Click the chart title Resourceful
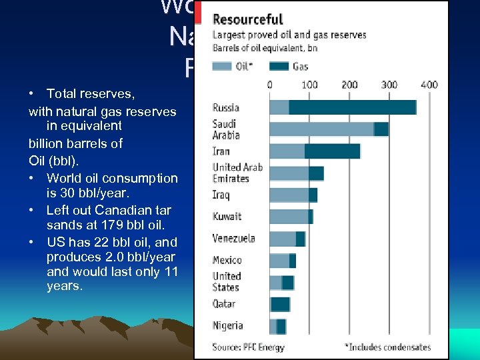click(247, 19)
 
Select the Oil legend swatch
click(221, 66)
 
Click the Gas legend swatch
click(279, 66)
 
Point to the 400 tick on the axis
click(429, 85)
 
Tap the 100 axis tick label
click(309, 85)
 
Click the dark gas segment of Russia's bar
click(352, 107)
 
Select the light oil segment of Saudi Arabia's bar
click(321, 129)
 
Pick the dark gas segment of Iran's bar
click(332, 151)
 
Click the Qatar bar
click(280, 304)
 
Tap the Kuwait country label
click(227, 217)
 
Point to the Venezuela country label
click(233, 238)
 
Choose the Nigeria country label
click(227, 326)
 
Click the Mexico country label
click(227, 260)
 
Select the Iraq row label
click(221, 195)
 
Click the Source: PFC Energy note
click(248, 347)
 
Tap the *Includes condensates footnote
click(387, 347)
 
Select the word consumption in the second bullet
click(143, 178)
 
